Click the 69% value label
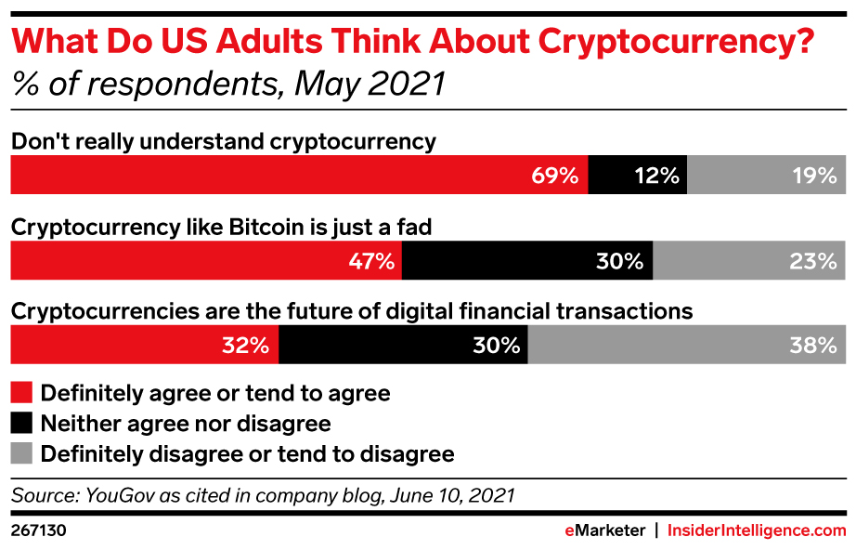pos(555,176)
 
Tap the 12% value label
pos(656,176)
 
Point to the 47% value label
pos(371,261)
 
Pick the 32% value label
pos(245,346)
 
